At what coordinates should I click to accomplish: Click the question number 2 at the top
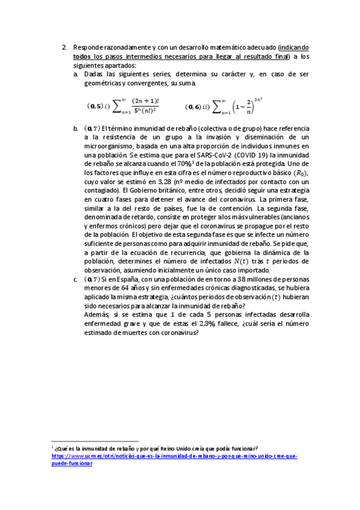(x=64, y=48)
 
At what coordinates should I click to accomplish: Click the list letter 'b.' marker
(x=76, y=129)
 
